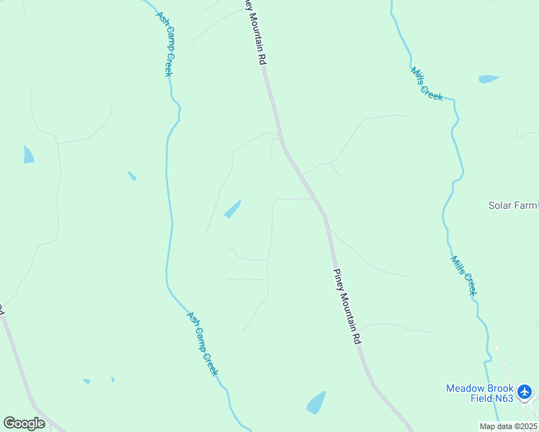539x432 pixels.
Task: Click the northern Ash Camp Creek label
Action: (166, 44)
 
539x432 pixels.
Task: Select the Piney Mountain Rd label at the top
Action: (251, 33)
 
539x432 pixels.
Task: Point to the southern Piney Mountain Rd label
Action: (346, 306)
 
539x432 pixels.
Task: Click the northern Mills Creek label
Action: (427, 84)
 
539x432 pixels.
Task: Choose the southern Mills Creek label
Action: (463, 274)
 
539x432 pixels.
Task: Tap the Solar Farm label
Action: (513, 205)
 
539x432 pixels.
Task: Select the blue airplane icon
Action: (525, 392)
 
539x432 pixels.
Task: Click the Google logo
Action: (24, 423)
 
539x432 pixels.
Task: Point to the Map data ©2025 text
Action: (508, 426)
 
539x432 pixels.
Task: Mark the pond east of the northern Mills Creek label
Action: (489, 78)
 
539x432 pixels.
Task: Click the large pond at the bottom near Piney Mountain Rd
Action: (316, 402)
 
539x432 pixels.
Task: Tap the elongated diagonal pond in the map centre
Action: (232, 209)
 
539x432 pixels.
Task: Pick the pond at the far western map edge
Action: (28, 154)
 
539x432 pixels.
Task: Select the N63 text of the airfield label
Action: (504, 397)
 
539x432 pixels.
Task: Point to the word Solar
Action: (499, 205)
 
